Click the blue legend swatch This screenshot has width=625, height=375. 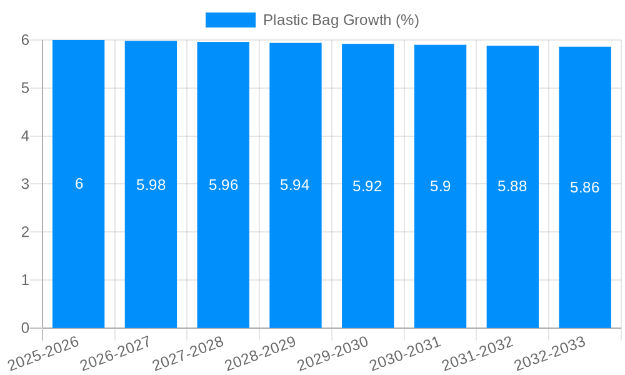click(x=230, y=20)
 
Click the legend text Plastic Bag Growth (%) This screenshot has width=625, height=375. click(x=341, y=20)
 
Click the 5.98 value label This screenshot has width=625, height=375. click(x=151, y=185)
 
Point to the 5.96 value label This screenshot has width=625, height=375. click(x=223, y=185)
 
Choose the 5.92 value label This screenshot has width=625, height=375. click(x=367, y=186)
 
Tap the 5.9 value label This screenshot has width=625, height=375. click(x=440, y=186)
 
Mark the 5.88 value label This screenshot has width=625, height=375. click(x=512, y=186)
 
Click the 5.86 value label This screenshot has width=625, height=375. click(x=585, y=187)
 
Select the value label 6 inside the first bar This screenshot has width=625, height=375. click(x=79, y=184)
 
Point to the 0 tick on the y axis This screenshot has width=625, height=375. click(x=25, y=328)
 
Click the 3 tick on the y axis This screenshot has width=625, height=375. click(x=25, y=184)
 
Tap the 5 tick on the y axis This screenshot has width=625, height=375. click(x=25, y=88)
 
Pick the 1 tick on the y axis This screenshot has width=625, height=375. click(x=25, y=280)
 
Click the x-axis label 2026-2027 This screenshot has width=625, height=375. click(x=116, y=352)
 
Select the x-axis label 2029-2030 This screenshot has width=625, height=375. click(x=332, y=352)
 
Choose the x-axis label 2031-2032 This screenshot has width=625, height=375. click(x=477, y=352)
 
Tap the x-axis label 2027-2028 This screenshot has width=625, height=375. click(x=188, y=352)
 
